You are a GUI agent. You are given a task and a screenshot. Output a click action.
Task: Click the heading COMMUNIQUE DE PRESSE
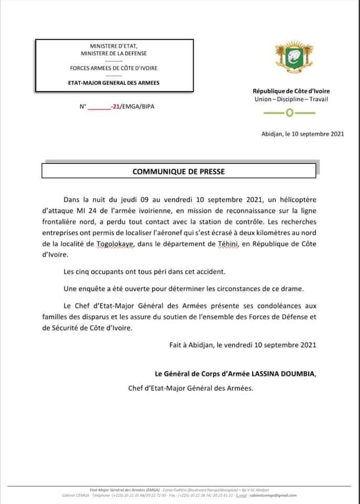tap(178, 171)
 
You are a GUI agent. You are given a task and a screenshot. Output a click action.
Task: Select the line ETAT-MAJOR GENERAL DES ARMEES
tap(114, 82)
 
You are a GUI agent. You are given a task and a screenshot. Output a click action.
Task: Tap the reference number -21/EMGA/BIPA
tap(133, 106)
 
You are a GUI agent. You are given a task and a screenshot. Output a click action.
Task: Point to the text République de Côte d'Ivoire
tap(291, 91)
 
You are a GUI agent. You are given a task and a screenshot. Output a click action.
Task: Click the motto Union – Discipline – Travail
tap(291, 100)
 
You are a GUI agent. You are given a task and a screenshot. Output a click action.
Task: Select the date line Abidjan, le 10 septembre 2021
tap(303, 134)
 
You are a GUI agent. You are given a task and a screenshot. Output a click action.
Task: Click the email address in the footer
tap(279, 495)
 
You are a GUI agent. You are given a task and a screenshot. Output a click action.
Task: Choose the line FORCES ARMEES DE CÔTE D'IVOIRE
tap(114, 68)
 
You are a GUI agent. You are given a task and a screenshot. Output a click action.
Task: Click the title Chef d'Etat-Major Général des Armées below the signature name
tap(190, 388)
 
